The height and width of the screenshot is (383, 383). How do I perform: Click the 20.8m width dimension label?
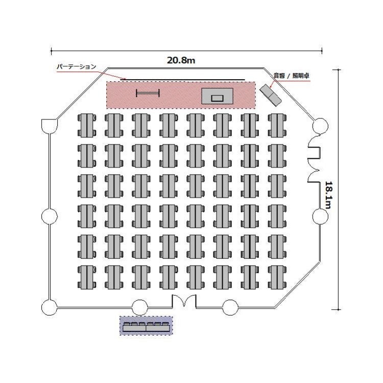pyautogui.click(x=181, y=60)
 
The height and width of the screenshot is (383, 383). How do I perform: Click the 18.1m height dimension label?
pyautogui.click(x=328, y=195)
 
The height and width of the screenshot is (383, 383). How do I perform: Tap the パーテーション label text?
pyautogui.click(x=77, y=66)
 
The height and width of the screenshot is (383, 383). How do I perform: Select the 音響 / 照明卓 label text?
pyautogui.click(x=291, y=76)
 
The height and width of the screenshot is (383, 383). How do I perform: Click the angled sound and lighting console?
pyautogui.click(x=270, y=95)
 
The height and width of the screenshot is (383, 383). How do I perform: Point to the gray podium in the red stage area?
pyautogui.click(x=217, y=96)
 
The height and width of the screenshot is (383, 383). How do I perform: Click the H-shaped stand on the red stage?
pyautogui.click(x=148, y=93)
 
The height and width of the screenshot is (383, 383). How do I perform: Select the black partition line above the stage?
pyautogui.click(x=182, y=79)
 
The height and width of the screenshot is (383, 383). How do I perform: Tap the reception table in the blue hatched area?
pyautogui.click(x=146, y=327)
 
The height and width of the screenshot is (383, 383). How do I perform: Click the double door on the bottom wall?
pyautogui.click(x=184, y=301)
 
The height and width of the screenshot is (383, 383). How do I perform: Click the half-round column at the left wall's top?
pyautogui.click(x=50, y=126)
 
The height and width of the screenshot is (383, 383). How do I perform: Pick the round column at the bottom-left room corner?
pyautogui.click(x=50, y=307)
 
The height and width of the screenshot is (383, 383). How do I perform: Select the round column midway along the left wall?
pyautogui.click(x=50, y=216)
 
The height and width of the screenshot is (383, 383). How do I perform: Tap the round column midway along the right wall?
pyautogui.click(x=320, y=216)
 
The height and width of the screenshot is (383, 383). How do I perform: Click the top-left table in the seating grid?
pyautogui.click(x=87, y=126)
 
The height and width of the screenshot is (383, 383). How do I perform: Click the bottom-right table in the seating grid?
pyautogui.click(x=277, y=277)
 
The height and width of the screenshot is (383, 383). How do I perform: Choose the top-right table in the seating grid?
pyautogui.click(x=277, y=126)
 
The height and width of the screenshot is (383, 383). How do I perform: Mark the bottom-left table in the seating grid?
pyautogui.click(x=87, y=277)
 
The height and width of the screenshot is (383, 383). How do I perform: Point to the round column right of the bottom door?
pyautogui.click(x=230, y=307)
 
